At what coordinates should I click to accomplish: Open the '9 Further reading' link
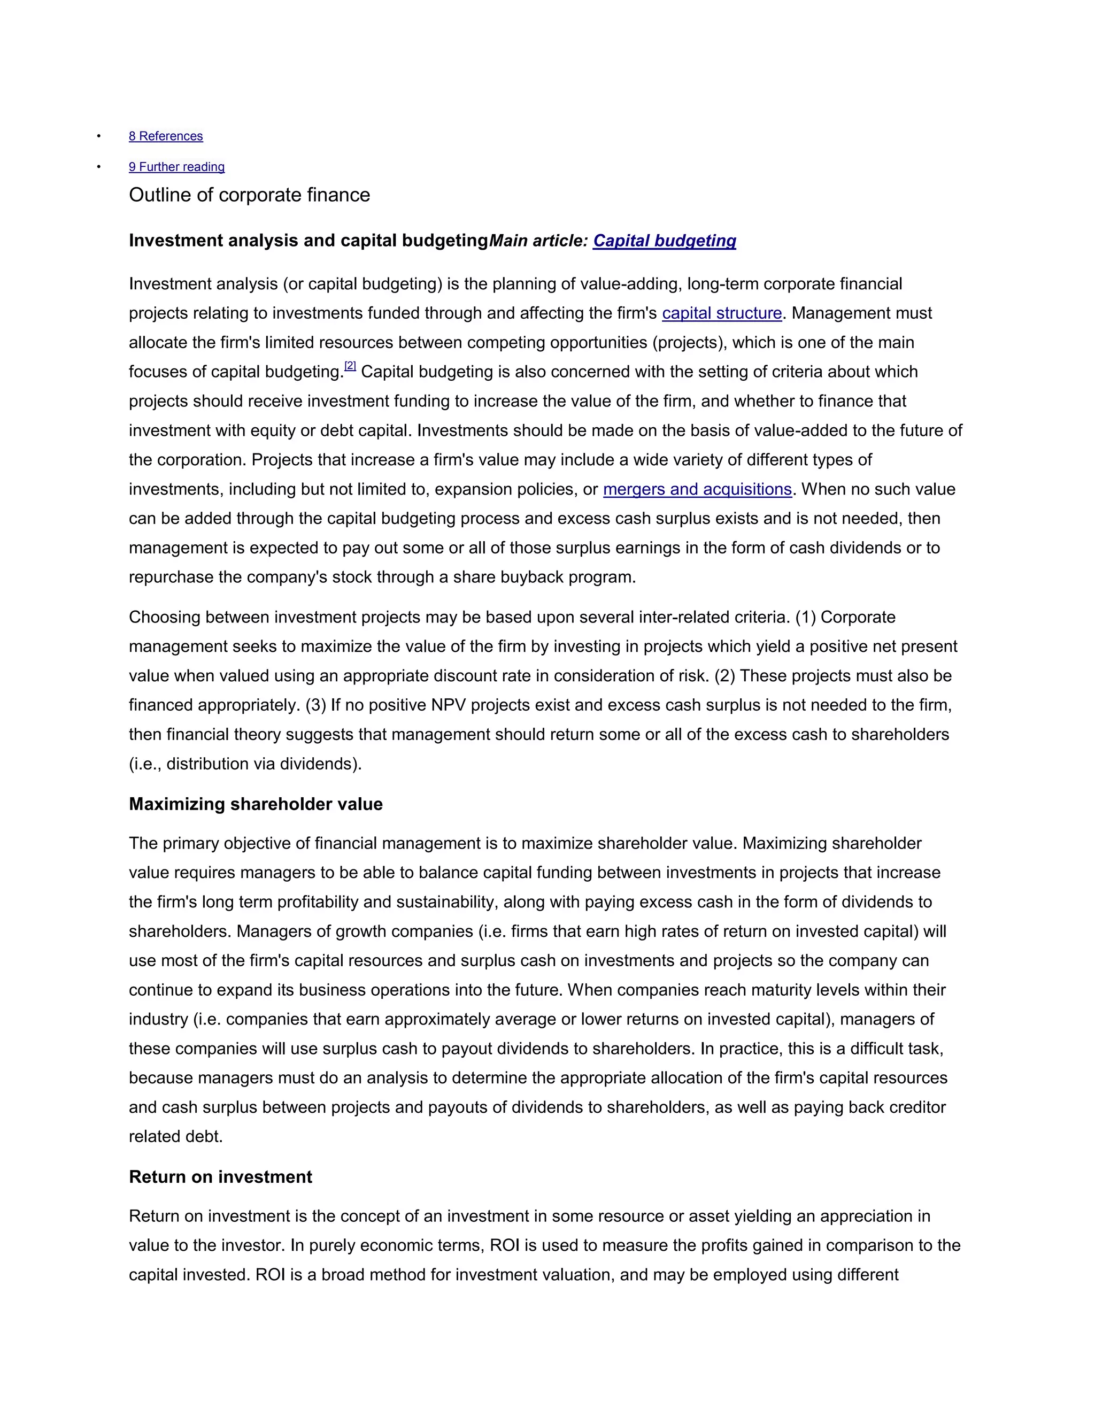[176, 167]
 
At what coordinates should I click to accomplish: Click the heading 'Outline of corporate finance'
[249, 195]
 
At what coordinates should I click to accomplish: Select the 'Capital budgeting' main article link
[664, 241]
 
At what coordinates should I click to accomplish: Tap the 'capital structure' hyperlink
[721, 313]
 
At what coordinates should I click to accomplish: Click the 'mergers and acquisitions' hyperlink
[697, 489]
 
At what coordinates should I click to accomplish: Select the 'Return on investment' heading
[221, 1177]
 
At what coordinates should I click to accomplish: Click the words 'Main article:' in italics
[538, 241]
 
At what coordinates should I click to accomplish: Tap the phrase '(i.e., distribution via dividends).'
[245, 764]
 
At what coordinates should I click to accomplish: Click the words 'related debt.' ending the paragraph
[176, 1137]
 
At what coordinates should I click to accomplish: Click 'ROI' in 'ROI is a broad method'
[270, 1275]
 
